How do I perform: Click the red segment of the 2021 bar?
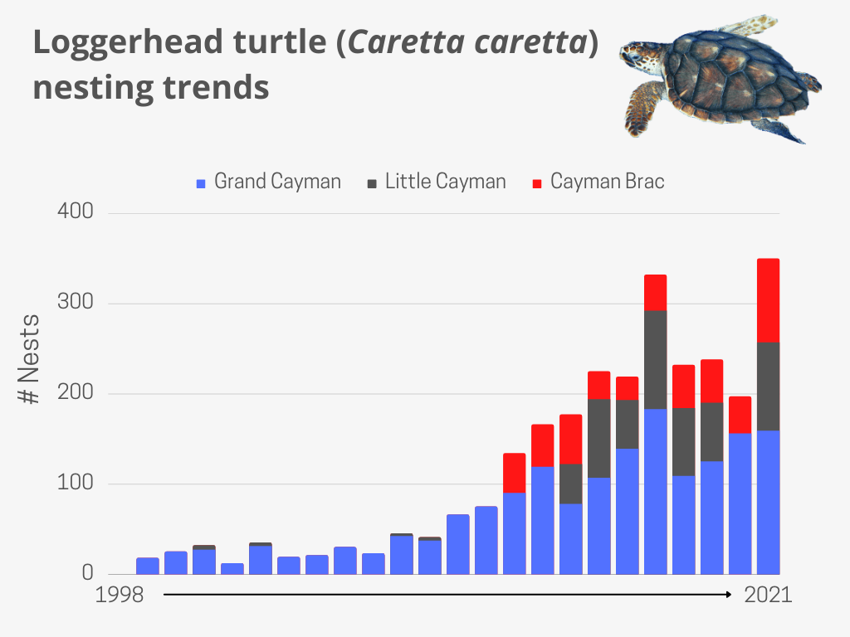(768, 300)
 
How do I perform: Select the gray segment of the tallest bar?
(768, 387)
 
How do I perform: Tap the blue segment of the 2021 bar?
(768, 502)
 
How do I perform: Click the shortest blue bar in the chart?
(232, 568)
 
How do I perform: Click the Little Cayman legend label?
(445, 182)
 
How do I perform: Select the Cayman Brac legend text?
(607, 182)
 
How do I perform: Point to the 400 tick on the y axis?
(76, 212)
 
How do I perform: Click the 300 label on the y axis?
(76, 303)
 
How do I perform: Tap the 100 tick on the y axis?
(76, 484)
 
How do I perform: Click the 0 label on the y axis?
(87, 573)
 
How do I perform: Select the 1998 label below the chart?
(119, 595)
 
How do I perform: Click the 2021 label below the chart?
(768, 595)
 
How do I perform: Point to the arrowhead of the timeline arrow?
(728, 595)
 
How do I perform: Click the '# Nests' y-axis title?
(31, 358)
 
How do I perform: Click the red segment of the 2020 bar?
(740, 415)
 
